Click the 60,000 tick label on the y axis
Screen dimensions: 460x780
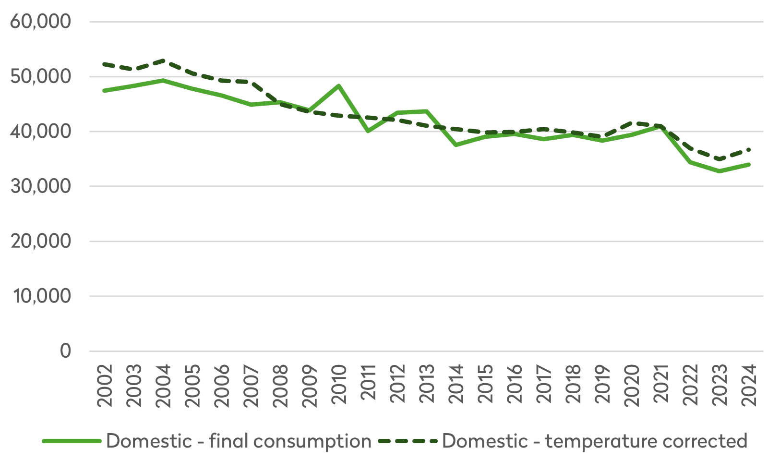click(x=40, y=22)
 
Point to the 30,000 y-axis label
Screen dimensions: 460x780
click(x=40, y=186)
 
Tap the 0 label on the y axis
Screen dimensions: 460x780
click(x=65, y=351)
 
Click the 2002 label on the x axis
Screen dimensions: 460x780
click(x=105, y=386)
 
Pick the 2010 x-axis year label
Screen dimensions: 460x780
click(x=339, y=386)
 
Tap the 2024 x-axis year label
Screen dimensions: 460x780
click(x=749, y=386)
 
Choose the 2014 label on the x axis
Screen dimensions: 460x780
click(x=456, y=386)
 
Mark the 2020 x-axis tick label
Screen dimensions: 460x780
click(x=632, y=386)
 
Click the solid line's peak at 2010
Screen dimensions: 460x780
click(x=339, y=86)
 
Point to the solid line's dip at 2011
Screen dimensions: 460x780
click(x=368, y=131)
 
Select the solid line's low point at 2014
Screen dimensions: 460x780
click(x=456, y=145)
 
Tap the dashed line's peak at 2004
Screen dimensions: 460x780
click(x=163, y=61)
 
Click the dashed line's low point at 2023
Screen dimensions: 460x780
click(x=720, y=159)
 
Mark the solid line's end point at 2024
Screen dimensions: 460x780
click(x=749, y=165)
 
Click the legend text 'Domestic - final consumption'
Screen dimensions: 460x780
click(x=239, y=441)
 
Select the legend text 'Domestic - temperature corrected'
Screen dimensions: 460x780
click(x=594, y=441)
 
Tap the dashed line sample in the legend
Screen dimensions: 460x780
click(x=408, y=441)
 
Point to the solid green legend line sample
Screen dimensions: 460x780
click(x=72, y=441)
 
